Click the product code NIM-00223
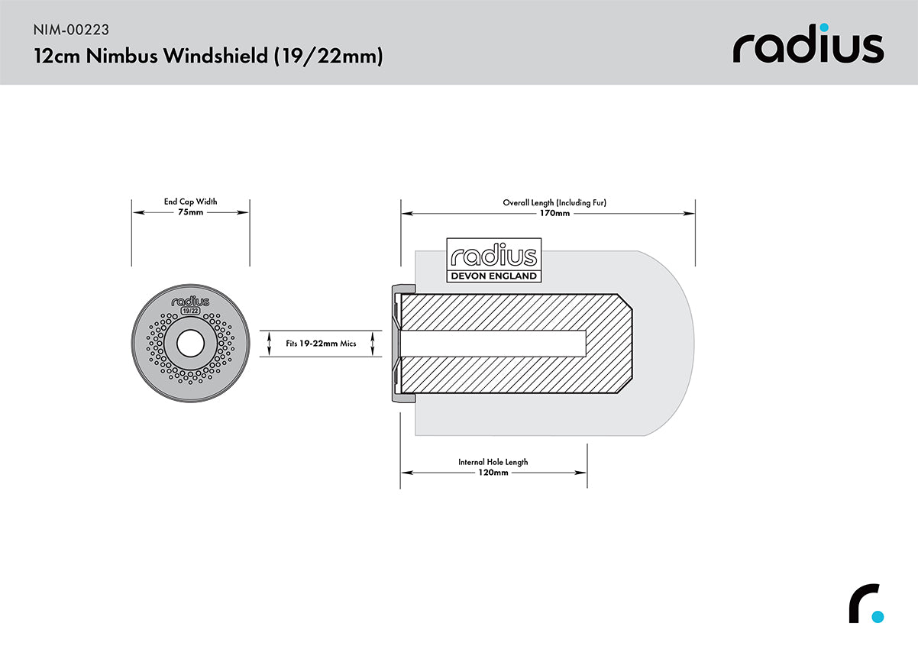71,31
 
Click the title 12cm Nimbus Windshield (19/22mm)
208,57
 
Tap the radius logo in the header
808,47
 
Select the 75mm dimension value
190,213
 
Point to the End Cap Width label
190,202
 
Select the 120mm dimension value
493,473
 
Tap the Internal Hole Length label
493,462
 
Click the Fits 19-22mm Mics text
321,344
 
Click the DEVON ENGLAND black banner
493,276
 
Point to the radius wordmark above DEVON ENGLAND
493,256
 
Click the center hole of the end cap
190,344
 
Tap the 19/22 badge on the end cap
190,311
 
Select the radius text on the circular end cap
190,301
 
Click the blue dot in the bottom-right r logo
878,616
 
